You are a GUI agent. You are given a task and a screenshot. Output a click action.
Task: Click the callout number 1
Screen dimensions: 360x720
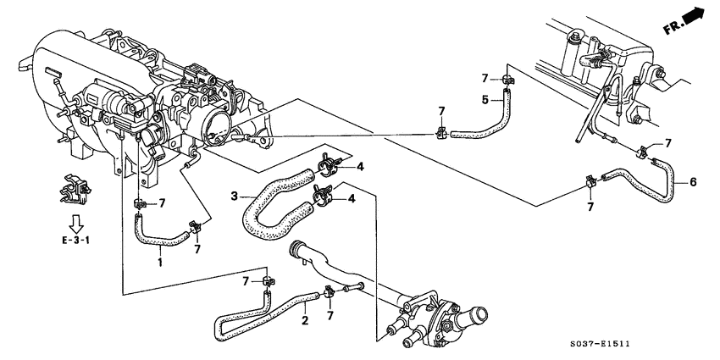pos(159,262)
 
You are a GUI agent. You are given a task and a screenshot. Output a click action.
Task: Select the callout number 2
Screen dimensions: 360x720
pos(303,321)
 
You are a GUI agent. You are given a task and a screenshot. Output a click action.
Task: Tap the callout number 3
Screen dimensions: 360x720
pos(233,197)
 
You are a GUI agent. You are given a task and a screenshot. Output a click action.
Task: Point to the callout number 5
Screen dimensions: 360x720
pos(485,99)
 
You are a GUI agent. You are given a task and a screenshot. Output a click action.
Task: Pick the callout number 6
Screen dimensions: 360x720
pos(695,181)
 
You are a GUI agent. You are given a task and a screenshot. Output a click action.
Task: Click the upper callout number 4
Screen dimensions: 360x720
pos(360,166)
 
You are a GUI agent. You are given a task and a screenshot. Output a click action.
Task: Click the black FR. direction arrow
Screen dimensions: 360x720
pos(695,15)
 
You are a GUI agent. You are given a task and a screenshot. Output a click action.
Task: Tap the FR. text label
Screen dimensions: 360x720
pos(672,27)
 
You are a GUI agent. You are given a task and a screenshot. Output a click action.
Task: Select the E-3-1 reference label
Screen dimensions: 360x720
pos(75,240)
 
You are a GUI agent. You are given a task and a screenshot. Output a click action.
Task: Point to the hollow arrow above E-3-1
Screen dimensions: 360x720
pos(75,222)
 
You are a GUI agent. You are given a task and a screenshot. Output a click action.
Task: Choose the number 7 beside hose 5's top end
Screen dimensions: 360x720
pos(485,79)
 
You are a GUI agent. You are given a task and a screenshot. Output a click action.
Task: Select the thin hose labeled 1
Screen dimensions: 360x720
pos(157,241)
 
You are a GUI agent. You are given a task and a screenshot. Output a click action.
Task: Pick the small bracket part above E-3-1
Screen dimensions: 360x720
pos(73,191)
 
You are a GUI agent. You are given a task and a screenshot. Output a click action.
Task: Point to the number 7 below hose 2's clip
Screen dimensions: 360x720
pos(330,315)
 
